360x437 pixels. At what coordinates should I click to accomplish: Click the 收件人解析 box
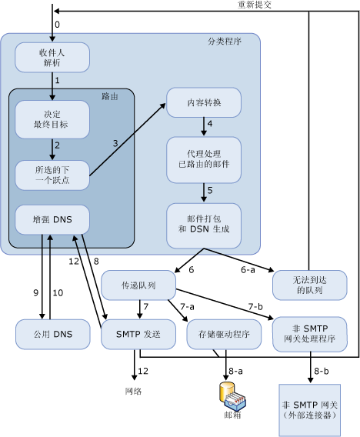click(52, 56)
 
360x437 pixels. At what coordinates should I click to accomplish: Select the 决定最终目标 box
click(52, 118)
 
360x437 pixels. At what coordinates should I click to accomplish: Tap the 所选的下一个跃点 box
click(52, 174)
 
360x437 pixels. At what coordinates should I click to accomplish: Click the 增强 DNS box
click(52, 220)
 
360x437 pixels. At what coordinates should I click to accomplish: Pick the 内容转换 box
click(203, 102)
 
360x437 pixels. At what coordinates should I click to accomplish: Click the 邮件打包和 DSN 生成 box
click(203, 224)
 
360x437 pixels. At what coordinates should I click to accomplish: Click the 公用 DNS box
click(52, 335)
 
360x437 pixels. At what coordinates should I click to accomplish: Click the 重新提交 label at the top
click(254, 5)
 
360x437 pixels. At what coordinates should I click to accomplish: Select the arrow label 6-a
click(248, 270)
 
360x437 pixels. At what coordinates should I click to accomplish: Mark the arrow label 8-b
click(323, 371)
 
